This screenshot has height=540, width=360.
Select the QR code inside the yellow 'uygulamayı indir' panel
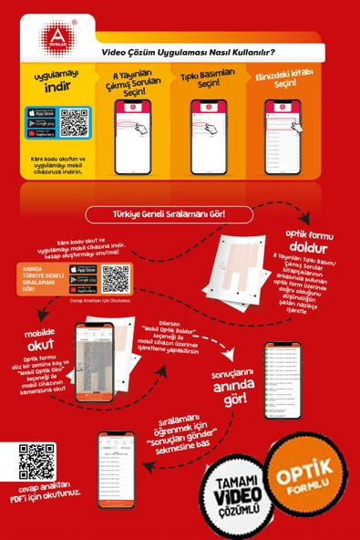click(x=74, y=122)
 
